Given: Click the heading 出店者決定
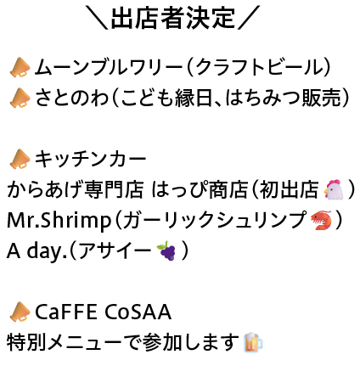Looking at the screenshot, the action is pyautogui.click(x=172, y=19).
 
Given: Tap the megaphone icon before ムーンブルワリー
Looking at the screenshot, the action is pyautogui.click(x=20, y=67).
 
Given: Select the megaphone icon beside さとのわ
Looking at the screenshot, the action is pyautogui.click(x=20, y=98).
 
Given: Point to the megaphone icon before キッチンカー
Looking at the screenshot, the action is pyautogui.click(x=20, y=159).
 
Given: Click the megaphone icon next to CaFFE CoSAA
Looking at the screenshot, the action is pyautogui.click(x=20, y=312).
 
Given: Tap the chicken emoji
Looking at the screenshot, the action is pyautogui.click(x=334, y=189).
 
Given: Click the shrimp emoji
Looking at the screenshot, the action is pyautogui.click(x=321, y=220).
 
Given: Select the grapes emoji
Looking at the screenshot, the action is pyautogui.click(x=166, y=250).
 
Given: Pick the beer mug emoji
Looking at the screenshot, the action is pyautogui.click(x=253, y=342).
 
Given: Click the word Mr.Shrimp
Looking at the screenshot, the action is pyautogui.click(x=59, y=221).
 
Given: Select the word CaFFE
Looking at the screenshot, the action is pyautogui.click(x=65, y=312).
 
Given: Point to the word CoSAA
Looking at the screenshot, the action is pyautogui.click(x=138, y=312).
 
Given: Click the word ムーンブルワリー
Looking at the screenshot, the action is pyautogui.click(x=109, y=67).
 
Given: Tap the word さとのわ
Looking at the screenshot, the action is pyautogui.click(x=72, y=98).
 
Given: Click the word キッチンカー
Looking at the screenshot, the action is pyautogui.click(x=90, y=159).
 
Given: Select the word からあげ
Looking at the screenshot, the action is pyautogui.click(x=42, y=189).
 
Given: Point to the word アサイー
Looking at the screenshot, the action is pyautogui.click(x=115, y=250).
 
